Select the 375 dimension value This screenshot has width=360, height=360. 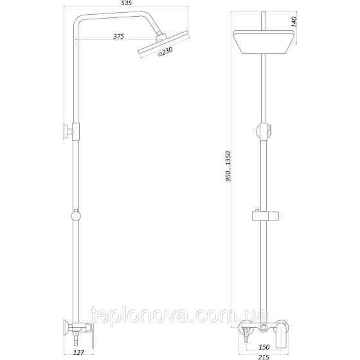coord(118,37)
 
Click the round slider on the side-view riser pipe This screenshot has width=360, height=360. coord(76,215)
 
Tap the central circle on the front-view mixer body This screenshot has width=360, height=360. coord(263,329)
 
